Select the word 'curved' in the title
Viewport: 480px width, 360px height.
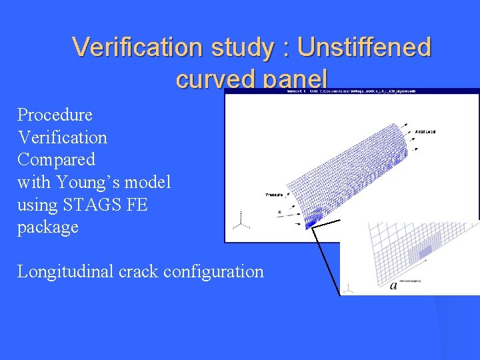(217, 79)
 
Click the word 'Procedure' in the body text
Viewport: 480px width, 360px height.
(55, 115)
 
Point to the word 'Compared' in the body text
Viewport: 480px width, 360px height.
(56, 159)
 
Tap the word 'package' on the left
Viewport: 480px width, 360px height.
(47, 227)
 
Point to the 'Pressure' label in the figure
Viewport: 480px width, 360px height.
(274, 195)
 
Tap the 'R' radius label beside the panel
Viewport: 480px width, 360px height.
(279, 212)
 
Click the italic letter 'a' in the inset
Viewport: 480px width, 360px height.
(393, 285)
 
